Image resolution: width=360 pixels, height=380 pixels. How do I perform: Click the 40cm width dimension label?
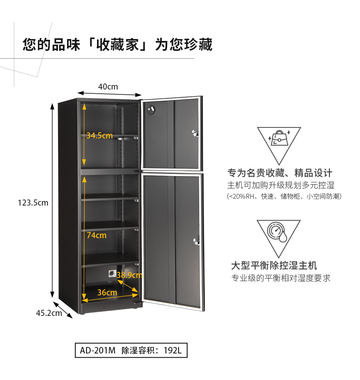click(x=108, y=87)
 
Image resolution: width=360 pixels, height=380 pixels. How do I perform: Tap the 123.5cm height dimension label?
click(x=33, y=203)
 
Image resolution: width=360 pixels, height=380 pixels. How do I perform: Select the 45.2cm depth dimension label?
click(x=49, y=313)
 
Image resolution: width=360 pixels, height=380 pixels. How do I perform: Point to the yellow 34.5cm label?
click(x=100, y=135)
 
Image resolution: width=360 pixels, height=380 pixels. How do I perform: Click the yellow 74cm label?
click(x=97, y=235)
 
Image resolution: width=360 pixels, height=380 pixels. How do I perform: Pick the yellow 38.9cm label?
click(x=130, y=275)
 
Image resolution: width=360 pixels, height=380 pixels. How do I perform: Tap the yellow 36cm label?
click(x=107, y=292)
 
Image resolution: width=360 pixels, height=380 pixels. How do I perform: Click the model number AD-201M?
click(x=97, y=350)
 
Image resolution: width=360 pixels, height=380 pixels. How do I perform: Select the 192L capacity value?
click(x=173, y=350)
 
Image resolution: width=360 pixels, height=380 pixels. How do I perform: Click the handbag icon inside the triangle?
click(x=279, y=138)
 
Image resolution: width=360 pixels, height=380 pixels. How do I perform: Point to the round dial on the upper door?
click(x=152, y=110)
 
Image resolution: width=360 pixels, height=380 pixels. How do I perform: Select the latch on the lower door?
click(x=196, y=241)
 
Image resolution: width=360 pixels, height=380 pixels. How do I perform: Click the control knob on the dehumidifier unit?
click(x=112, y=273)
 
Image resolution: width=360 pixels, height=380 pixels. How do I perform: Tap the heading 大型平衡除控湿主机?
click(x=274, y=265)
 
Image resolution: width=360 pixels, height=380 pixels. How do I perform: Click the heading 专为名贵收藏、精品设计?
click(x=280, y=173)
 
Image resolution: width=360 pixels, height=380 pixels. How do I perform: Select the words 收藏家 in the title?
click(x=117, y=45)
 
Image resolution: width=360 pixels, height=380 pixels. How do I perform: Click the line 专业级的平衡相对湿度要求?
click(x=281, y=278)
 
